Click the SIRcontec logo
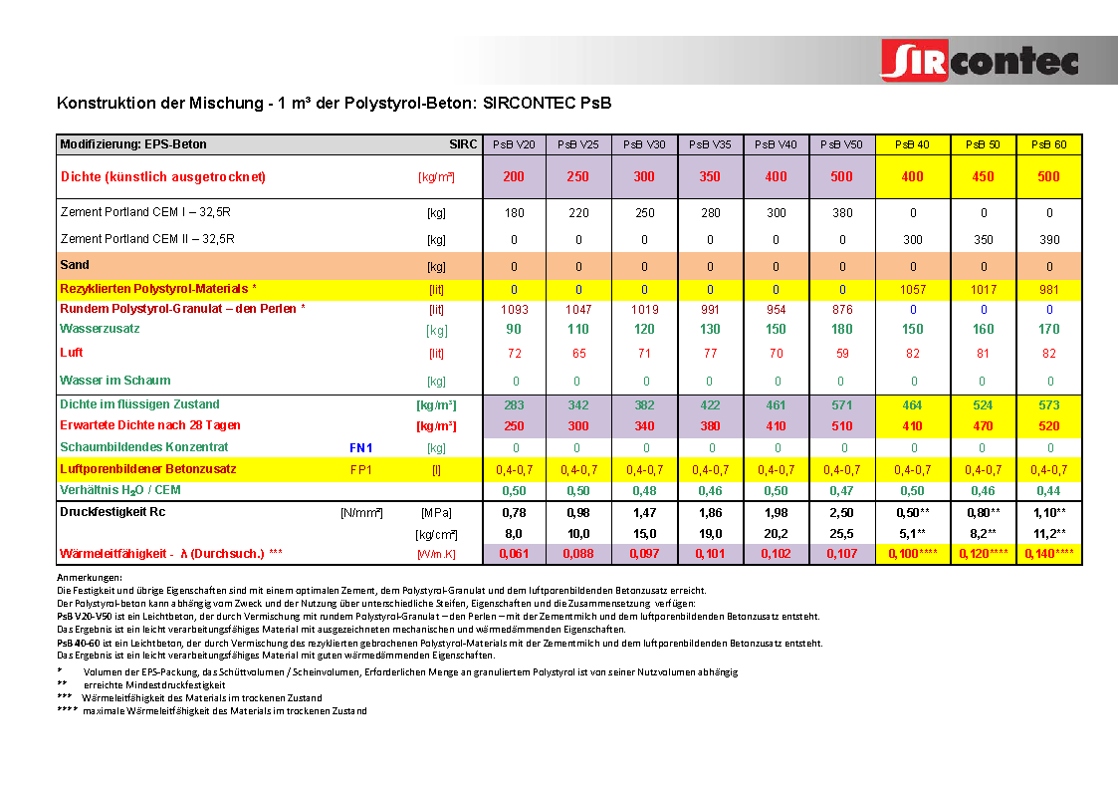(x=980, y=61)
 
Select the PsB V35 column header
(x=710, y=144)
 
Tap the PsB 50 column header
(x=983, y=144)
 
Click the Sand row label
(x=75, y=265)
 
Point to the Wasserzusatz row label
(x=100, y=328)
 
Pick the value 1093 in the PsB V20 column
(x=514, y=310)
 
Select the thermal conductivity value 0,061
(x=514, y=554)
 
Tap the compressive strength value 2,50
(x=841, y=512)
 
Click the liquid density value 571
(x=841, y=405)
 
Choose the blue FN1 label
(x=360, y=448)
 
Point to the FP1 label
(x=360, y=469)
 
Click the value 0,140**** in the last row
(x=1048, y=554)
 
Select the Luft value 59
(x=841, y=353)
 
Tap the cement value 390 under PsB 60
(x=1049, y=240)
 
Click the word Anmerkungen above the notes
(x=90, y=578)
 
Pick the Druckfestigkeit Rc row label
(x=112, y=512)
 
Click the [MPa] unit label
(x=436, y=513)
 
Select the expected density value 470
(x=983, y=426)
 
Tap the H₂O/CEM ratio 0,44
(x=1049, y=491)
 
